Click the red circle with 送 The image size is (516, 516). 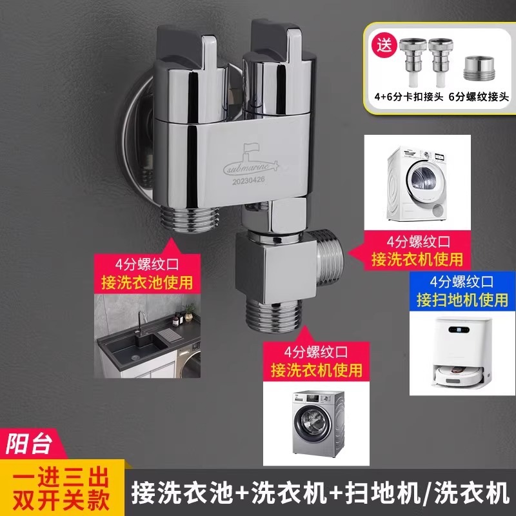tap(384, 46)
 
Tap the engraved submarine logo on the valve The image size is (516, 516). tap(251, 161)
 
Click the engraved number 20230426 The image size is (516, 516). tap(248, 181)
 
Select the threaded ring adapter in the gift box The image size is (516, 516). tap(479, 68)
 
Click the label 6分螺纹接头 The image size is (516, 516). tap(479, 97)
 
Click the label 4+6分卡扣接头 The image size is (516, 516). tap(409, 97)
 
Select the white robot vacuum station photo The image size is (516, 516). tap(462, 353)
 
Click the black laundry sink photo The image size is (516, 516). tap(147, 335)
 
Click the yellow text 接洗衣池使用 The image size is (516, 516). tap(147, 283)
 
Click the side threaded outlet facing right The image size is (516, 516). tap(329, 257)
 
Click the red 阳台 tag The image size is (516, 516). tap(31, 444)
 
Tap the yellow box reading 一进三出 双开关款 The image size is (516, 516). tap(61, 488)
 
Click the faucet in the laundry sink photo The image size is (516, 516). tap(142, 323)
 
